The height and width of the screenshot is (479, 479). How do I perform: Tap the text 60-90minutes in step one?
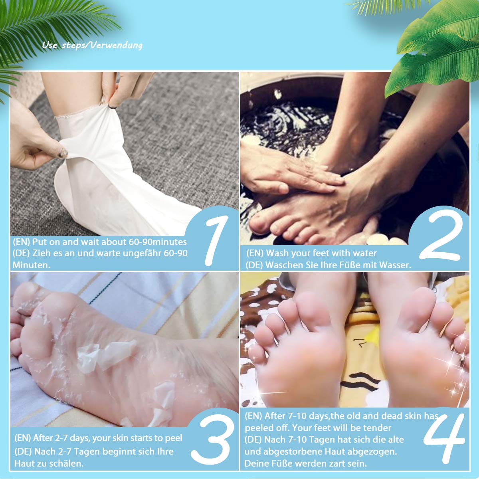158,242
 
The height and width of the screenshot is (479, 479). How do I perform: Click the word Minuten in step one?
31,265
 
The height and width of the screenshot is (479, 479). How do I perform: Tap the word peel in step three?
174,438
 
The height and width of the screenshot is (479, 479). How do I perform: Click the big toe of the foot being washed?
259,222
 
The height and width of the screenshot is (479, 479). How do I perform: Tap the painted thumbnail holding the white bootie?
62,152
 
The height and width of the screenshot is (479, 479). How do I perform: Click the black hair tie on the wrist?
112,107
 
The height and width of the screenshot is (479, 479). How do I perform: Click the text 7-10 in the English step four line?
295,416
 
